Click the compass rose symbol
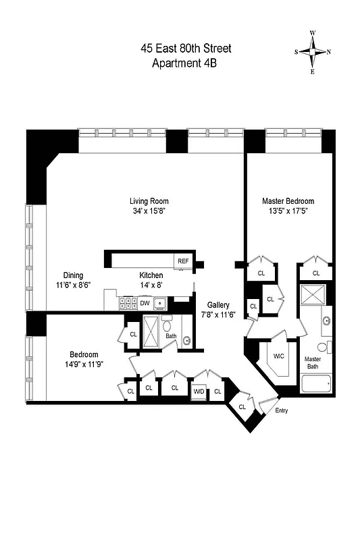[x=312, y=52]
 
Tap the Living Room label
[x=149, y=201]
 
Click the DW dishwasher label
[x=145, y=303]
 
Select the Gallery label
[x=218, y=305]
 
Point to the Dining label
[x=74, y=275]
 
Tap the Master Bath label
[x=313, y=362]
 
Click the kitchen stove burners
[x=127, y=304]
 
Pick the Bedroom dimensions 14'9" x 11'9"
[x=84, y=365]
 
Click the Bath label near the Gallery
[x=171, y=335]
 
